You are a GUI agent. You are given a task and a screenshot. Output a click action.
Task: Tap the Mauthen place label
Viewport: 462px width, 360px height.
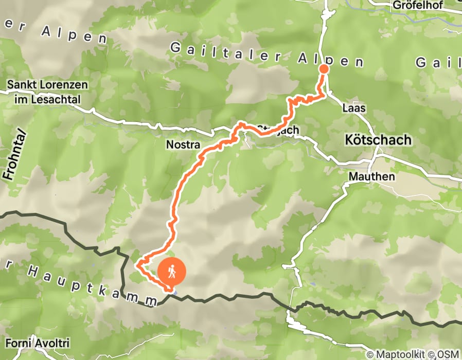(x=371, y=177)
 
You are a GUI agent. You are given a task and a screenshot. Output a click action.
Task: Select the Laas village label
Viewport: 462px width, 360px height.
(x=353, y=109)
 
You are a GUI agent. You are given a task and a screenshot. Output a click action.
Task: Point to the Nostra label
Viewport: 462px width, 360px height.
(x=183, y=146)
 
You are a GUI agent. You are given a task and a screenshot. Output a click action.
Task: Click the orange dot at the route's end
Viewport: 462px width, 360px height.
(x=324, y=69)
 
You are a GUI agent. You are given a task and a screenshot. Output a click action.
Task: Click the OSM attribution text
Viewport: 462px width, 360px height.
(x=447, y=354)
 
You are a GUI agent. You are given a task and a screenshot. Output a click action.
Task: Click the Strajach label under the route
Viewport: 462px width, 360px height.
(x=278, y=130)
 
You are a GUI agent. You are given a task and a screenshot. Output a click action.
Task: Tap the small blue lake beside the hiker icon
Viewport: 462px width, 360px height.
(x=176, y=292)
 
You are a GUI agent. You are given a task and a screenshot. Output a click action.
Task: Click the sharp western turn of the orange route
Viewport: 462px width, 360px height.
(x=137, y=265)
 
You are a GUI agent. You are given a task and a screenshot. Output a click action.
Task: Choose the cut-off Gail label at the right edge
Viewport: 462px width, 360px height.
(x=437, y=63)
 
